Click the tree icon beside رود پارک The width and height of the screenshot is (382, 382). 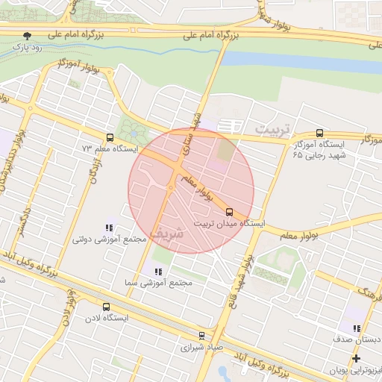[x=28, y=35]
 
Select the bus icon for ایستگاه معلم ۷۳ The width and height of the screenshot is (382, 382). [x=110, y=137]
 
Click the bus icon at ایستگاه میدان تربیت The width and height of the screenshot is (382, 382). [x=228, y=210]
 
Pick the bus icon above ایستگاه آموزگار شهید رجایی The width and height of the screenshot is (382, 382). [x=320, y=132]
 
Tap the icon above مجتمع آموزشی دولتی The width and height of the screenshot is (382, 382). [x=109, y=228]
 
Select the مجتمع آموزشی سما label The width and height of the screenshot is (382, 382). [x=158, y=284]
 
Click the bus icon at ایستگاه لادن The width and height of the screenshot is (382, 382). [x=105, y=307]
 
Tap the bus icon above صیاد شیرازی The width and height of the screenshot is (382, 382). [x=201, y=336]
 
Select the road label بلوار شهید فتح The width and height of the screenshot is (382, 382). [x=246, y=272]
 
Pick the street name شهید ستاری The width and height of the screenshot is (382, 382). [x=192, y=134]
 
